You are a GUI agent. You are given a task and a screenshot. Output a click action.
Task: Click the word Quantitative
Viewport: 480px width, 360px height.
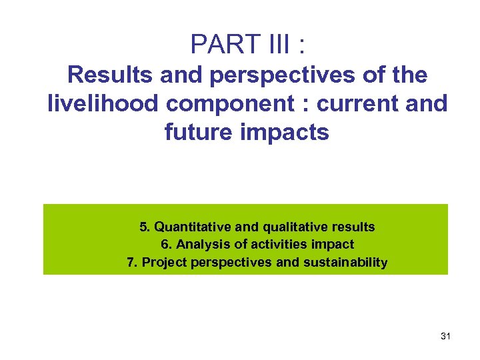[x=194, y=227]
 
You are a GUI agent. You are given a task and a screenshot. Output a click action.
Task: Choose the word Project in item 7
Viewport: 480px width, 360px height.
[x=165, y=263]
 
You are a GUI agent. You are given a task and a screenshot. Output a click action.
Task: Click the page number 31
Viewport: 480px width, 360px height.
[x=445, y=337]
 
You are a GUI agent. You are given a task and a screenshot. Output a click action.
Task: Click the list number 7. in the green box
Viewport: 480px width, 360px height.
[x=131, y=263]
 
